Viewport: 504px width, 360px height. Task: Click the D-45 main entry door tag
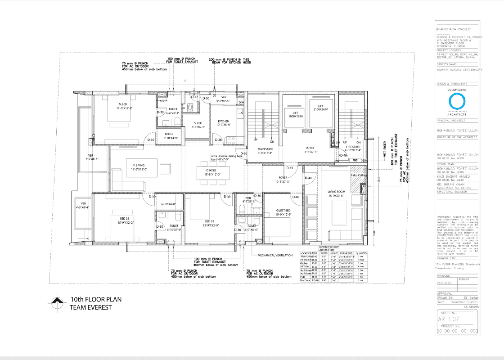[290, 168]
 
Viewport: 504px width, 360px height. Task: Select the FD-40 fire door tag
[342, 156]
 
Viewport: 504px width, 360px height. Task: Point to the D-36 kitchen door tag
[218, 140]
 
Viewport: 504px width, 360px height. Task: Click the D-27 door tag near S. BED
[194, 97]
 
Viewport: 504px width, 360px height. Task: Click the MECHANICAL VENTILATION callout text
[275, 255]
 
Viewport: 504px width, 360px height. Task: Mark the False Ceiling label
[358, 175]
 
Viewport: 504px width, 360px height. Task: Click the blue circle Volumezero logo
[456, 103]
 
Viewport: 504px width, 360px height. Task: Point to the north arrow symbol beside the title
[57, 302]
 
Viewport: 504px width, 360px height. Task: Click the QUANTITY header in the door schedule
[361, 254]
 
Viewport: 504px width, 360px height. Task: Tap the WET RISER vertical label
[385, 149]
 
